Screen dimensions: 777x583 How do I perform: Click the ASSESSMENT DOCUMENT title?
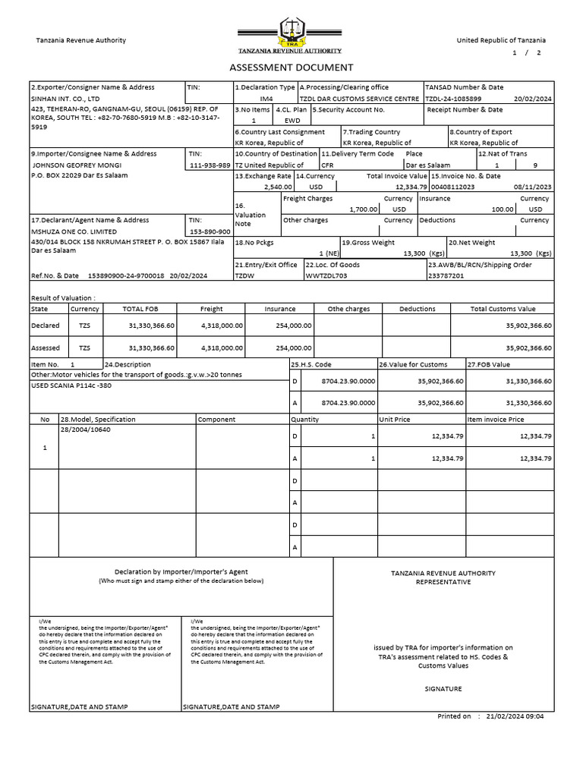point(291,68)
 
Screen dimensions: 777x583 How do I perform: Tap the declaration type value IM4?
point(266,99)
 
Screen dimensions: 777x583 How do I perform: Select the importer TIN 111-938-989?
point(210,165)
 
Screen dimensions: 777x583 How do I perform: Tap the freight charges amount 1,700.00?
point(363,209)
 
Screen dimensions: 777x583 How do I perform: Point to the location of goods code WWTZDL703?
point(326,276)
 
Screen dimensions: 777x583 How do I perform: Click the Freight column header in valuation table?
point(211,309)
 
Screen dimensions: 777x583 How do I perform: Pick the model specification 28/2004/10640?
point(84,429)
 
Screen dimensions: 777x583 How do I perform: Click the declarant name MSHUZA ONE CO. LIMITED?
point(74,231)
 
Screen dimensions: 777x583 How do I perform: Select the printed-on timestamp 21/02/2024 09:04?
point(516,716)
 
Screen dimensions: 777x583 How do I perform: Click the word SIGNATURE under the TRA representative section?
point(443,689)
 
